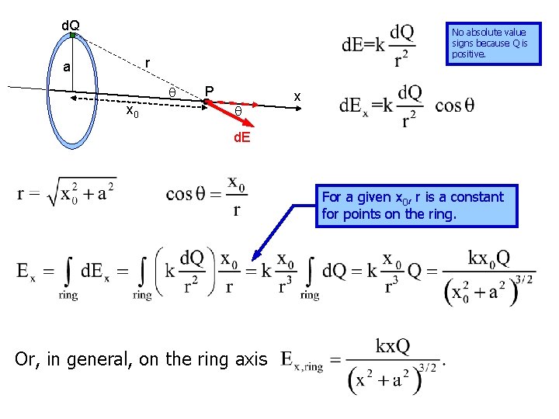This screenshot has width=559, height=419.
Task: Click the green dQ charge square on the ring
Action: pos(72,36)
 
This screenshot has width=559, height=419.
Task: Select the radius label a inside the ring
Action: pos(67,68)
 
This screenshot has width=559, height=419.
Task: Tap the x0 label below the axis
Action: pos(134,113)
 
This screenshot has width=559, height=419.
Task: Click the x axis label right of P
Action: pos(296,95)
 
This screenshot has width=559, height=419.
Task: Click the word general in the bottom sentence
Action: pos(127,359)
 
